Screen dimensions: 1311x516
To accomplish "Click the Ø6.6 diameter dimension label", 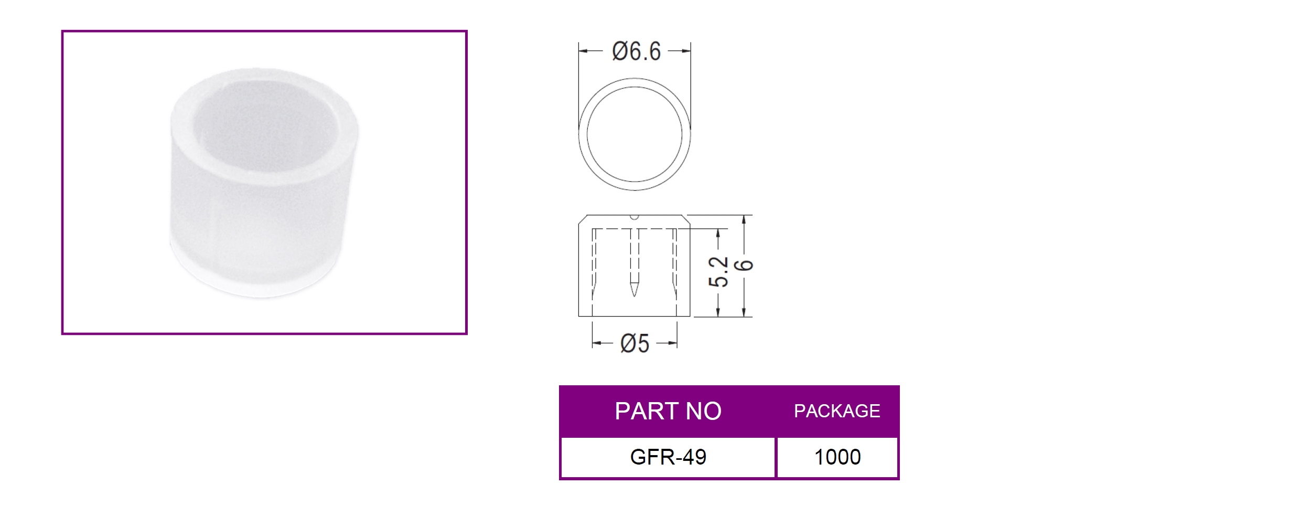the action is tap(636, 51).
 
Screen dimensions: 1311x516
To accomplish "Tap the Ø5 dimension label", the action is tap(635, 344).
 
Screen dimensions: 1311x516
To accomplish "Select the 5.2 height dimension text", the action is tap(718, 272).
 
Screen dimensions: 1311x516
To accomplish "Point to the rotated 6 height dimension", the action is tap(745, 265).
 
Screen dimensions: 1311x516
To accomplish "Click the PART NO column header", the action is tap(668, 411).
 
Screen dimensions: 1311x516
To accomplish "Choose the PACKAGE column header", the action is tap(837, 411).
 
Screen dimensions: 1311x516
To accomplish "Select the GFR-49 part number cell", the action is tap(668, 457).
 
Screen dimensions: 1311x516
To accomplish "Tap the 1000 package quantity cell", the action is tap(837, 457).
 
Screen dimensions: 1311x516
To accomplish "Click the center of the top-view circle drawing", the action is tap(635, 134).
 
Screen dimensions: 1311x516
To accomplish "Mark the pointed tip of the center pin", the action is tap(635, 296).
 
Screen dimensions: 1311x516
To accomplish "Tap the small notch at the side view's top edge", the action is tap(634, 217).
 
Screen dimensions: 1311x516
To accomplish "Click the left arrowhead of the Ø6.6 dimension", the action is tap(583, 51).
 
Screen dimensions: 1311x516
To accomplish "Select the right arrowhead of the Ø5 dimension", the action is tap(673, 344).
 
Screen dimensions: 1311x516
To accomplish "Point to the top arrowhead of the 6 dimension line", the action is tap(744, 219).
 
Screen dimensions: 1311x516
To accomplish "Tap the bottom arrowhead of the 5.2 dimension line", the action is tap(718, 312).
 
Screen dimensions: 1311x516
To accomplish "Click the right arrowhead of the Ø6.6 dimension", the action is tap(686, 51).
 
